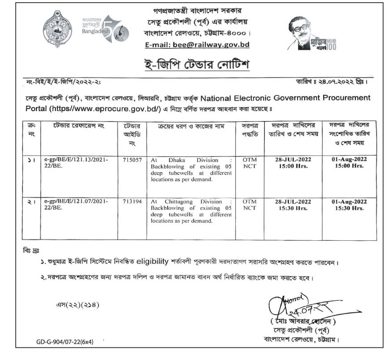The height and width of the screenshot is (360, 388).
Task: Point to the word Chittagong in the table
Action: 184,202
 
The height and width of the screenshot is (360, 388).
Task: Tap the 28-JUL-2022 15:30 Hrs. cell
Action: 293,205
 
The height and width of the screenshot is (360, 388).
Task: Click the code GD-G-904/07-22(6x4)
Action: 65,342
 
